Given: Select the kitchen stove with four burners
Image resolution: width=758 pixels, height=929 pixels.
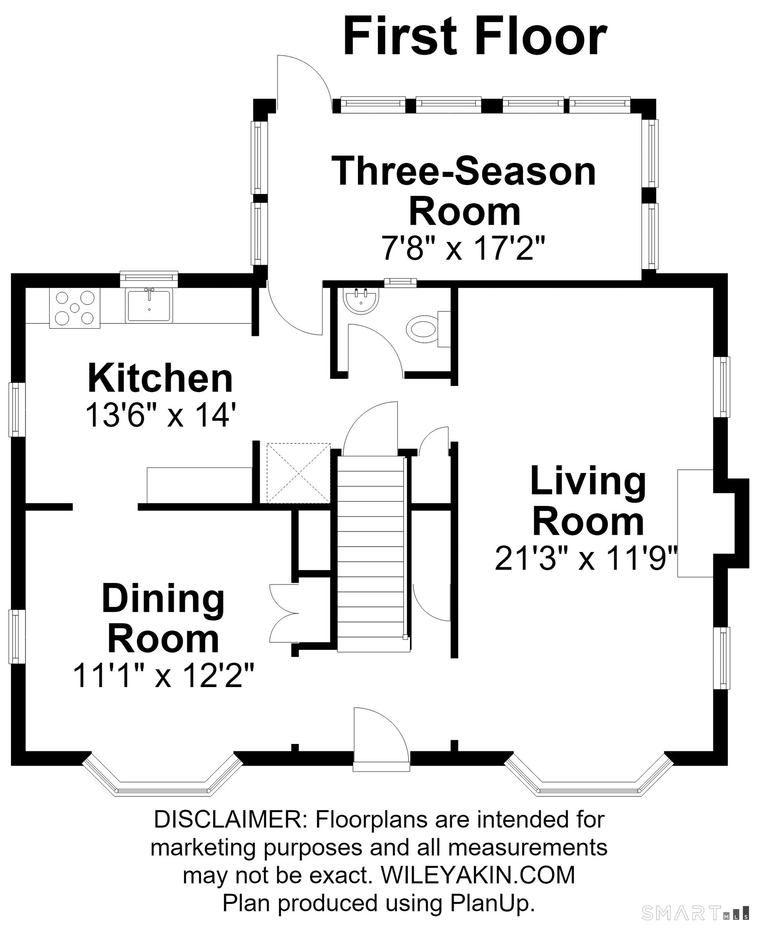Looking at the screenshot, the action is pos(75,308).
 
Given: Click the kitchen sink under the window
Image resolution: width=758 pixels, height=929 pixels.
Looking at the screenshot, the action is pos(149,305).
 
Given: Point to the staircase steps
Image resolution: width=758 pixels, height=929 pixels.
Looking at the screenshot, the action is pos(371,554).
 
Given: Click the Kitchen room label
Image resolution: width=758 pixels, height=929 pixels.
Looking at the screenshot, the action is pos(160,378).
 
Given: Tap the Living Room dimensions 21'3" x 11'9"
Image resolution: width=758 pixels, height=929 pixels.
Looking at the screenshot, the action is pos(586,558).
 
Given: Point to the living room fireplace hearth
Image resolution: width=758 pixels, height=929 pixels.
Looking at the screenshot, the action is pos(695,523).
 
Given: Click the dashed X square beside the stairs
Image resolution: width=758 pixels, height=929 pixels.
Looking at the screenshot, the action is pos(299,473).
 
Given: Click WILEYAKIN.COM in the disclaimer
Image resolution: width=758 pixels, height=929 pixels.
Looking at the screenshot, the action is pos(478,875).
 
